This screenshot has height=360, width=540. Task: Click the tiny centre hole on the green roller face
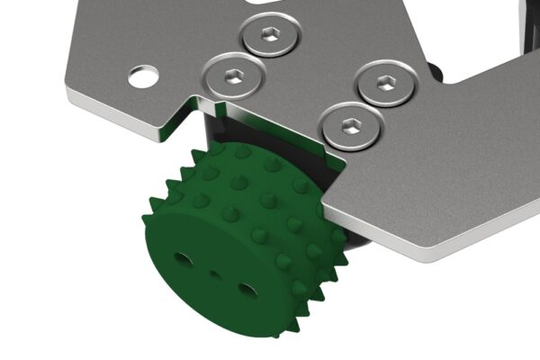pyautogui.click(x=214, y=274)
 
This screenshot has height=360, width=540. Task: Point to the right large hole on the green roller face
pyautogui.click(x=247, y=291)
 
